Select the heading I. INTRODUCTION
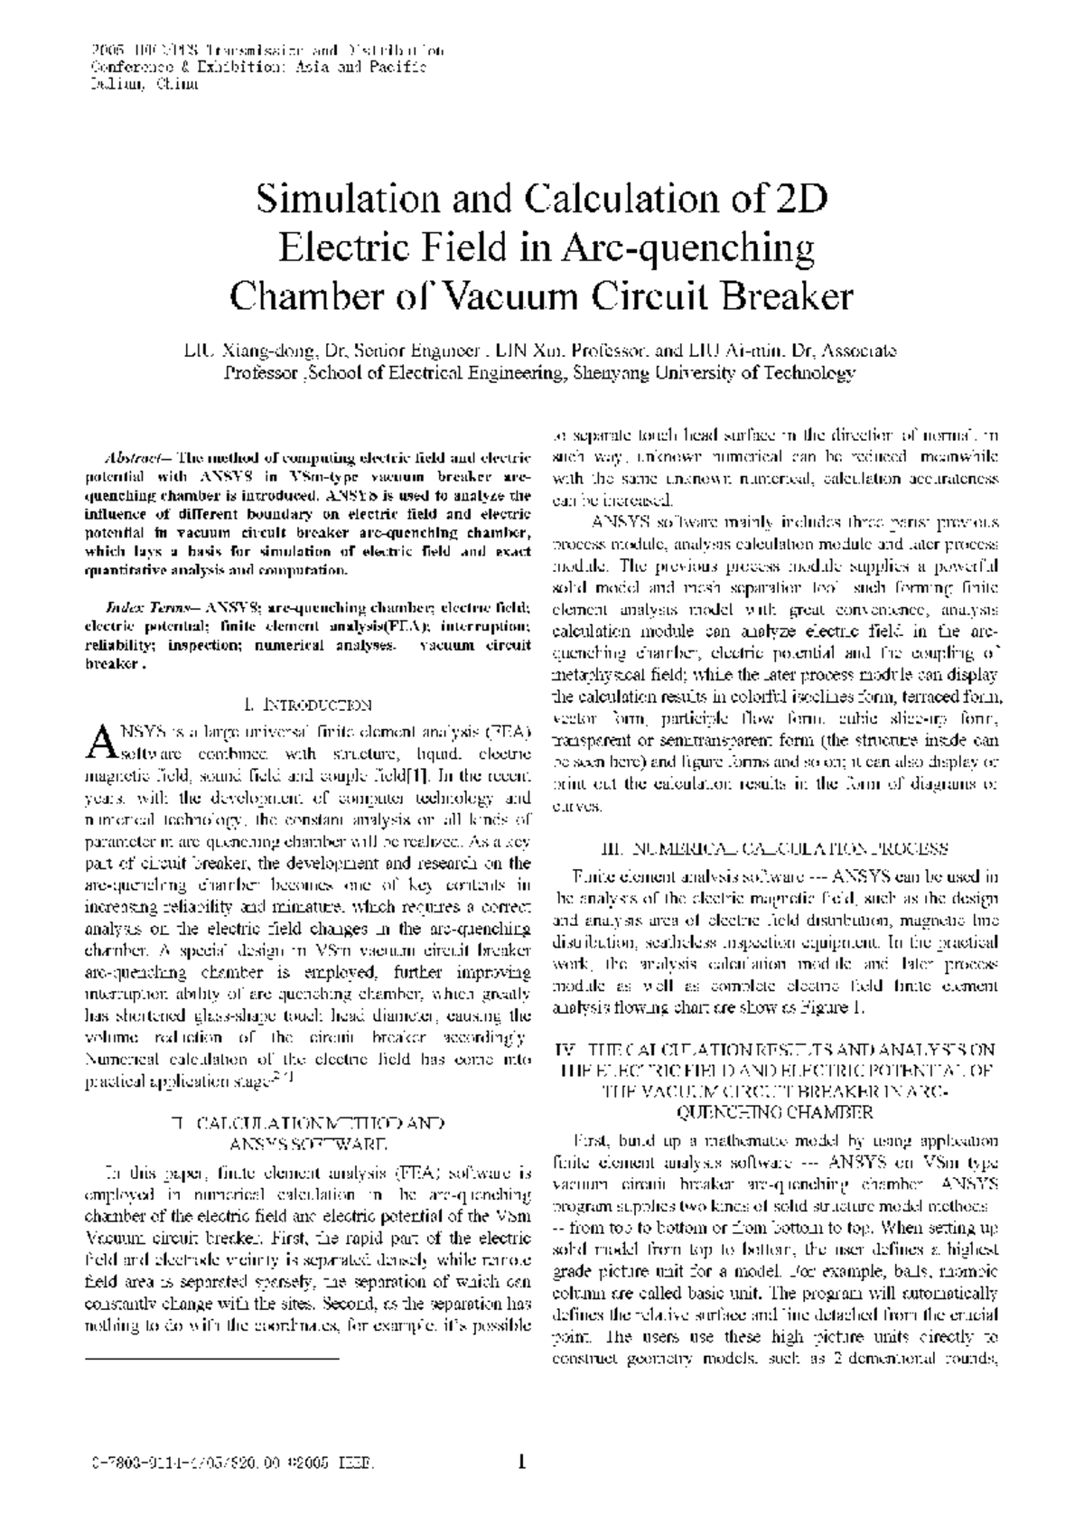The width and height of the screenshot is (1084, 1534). pyautogui.click(x=307, y=704)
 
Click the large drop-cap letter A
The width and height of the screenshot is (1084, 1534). pyautogui.click(x=99, y=741)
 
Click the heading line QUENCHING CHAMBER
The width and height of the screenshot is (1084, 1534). pyautogui.click(x=774, y=1111)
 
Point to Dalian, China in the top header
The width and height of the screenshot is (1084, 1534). pyautogui.click(x=144, y=84)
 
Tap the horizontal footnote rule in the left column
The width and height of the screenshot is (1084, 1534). pyautogui.click(x=212, y=1358)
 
